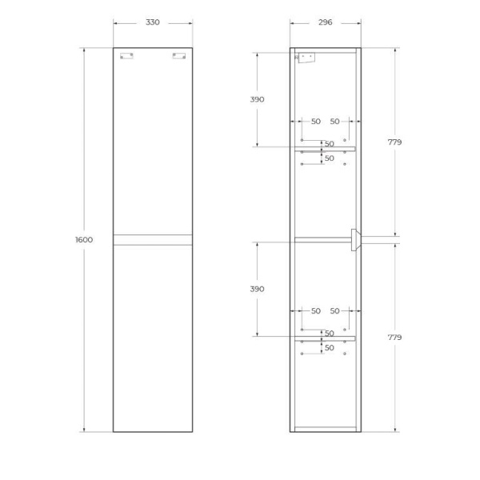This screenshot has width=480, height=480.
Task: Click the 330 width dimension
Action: click(x=152, y=22)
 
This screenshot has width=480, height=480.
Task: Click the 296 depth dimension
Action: click(x=325, y=22)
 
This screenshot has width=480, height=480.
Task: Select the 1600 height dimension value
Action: click(x=84, y=240)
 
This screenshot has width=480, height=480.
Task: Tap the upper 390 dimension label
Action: click(x=257, y=99)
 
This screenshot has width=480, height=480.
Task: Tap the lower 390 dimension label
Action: click(x=257, y=289)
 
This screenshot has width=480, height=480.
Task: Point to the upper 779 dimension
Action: click(x=394, y=142)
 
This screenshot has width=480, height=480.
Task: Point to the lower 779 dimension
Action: click(x=394, y=337)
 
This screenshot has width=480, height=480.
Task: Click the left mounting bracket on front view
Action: click(x=126, y=56)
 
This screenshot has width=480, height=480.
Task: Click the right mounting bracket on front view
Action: click(x=178, y=56)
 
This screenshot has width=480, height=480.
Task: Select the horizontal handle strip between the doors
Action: click(x=152, y=239)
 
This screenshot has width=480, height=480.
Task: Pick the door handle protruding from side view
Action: click(x=355, y=239)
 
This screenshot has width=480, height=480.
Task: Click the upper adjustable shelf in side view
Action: click(x=325, y=149)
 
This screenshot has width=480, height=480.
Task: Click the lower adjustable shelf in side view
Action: click(x=325, y=338)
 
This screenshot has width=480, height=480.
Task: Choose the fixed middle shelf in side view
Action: click(x=322, y=238)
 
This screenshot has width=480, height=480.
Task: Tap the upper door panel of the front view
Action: click(x=152, y=144)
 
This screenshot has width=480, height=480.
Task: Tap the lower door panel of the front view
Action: click(x=152, y=336)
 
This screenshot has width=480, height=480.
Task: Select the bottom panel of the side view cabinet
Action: click(x=325, y=429)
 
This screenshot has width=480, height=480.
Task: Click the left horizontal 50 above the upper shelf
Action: click(x=315, y=122)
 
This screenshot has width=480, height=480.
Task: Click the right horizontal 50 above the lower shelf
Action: click(x=334, y=311)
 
